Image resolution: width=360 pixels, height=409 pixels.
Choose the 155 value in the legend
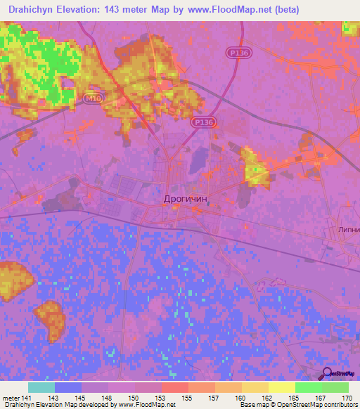pos(186,398)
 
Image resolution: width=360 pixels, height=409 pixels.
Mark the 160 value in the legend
pos(240,398)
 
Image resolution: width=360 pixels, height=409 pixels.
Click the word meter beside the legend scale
pos(11,398)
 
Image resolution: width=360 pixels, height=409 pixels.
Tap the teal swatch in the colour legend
pos(41,387)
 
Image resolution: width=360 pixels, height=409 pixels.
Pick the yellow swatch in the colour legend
pos(282,387)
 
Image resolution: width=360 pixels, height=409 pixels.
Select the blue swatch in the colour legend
pos(68,387)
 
